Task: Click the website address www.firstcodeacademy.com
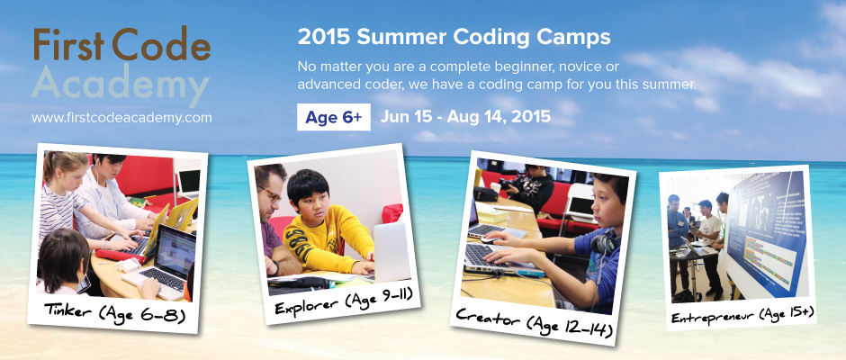[121, 118]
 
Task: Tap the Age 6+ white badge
[333, 117]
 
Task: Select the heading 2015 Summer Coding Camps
[454, 38]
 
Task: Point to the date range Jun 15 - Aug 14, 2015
[465, 117]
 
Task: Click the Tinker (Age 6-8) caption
[114, 312]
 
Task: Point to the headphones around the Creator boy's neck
[603, 243]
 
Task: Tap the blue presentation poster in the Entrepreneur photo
[765, 232]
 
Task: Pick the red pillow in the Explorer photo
[392, 213]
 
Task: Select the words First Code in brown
[121, 44]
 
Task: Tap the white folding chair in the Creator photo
[577, 206]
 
